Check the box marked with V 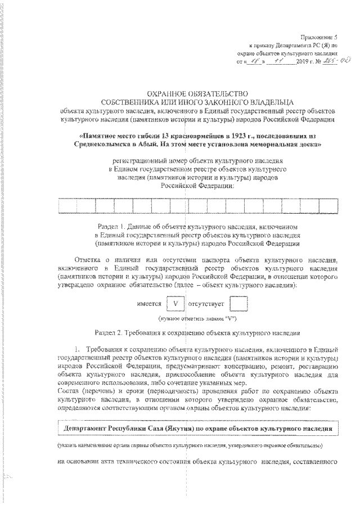177,304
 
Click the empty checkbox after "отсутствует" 240,304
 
